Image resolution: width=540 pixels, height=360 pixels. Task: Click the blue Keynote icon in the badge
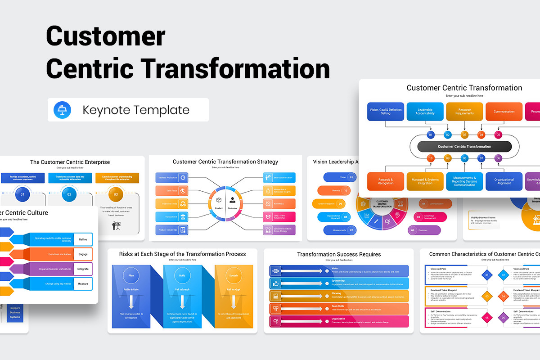pos(60,110)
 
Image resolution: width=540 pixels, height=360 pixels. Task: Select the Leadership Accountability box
pos(425,112)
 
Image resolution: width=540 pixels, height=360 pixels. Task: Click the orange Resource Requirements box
pos(464,112)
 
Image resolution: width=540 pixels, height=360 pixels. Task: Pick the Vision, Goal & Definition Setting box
pos(386,112)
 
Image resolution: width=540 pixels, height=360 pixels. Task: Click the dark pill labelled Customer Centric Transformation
pos(464,147)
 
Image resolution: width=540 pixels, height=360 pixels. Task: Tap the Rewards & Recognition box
pos(386,181)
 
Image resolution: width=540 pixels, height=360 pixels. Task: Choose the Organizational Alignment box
pos(504,181)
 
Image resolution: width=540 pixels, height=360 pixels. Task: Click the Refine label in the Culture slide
pos(83,240)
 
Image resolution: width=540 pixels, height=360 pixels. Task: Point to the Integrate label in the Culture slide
pos(83,269)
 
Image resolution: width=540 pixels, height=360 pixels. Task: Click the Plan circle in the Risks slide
pos(131,275)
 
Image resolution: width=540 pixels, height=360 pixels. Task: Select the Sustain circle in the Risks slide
pos(234,275)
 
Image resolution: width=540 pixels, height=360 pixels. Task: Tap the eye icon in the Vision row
pos(276,271)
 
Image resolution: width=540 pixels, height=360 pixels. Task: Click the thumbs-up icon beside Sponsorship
pos(276,283)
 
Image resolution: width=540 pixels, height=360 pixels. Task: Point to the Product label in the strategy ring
pos(219,208)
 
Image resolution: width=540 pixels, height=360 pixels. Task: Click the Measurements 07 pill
pos(346,230)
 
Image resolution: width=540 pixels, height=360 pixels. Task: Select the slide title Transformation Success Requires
pos(339,254)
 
